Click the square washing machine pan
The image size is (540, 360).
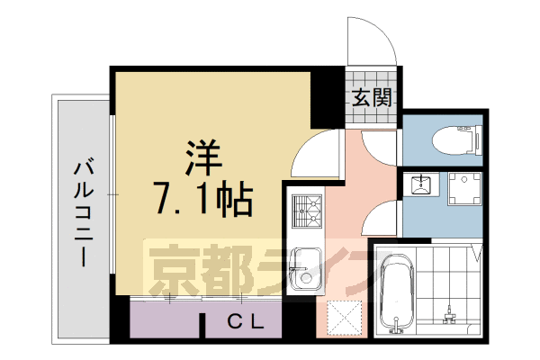pos(465,191)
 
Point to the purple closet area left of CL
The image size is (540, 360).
pos(166,319)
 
